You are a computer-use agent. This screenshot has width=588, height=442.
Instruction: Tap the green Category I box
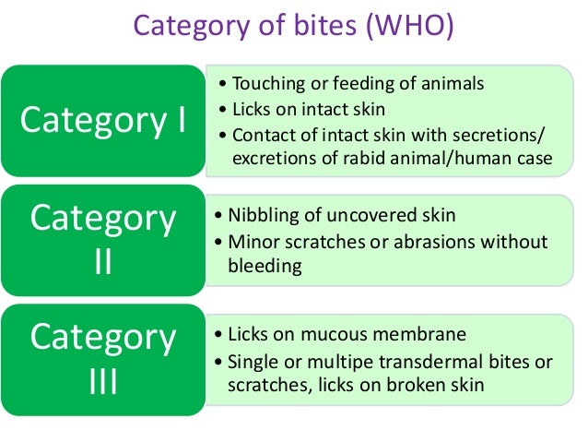click(103, 121)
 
